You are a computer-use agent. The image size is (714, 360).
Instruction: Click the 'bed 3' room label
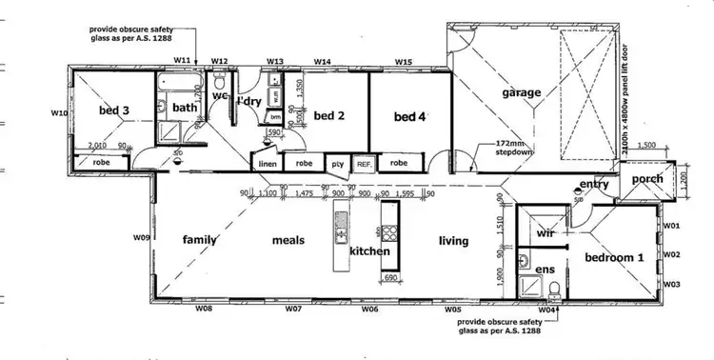click(113, 110)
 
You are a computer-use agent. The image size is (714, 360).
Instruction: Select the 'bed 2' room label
click(328, 116)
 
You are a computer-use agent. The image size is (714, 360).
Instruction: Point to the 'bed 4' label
click(410, 117)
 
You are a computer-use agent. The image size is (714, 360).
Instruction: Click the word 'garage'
click(521, 92)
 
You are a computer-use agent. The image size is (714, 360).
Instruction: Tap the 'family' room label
click(200, 240)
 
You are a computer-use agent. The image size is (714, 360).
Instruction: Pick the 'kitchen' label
click(368, 251)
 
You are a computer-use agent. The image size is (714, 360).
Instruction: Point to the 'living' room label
click(453, 241)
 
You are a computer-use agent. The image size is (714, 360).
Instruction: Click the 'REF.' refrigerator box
click(364, 164)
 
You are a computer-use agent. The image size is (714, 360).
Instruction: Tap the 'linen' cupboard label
click(268, 164)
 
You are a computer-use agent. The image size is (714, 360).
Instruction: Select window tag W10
click(58, 112)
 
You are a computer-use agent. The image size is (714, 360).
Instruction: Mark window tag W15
click(404, 62)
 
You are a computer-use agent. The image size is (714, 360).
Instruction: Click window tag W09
click(141, 236)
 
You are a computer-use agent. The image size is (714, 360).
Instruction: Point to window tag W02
click(672, 254)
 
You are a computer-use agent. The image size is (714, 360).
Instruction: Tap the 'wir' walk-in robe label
click(545, 231)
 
